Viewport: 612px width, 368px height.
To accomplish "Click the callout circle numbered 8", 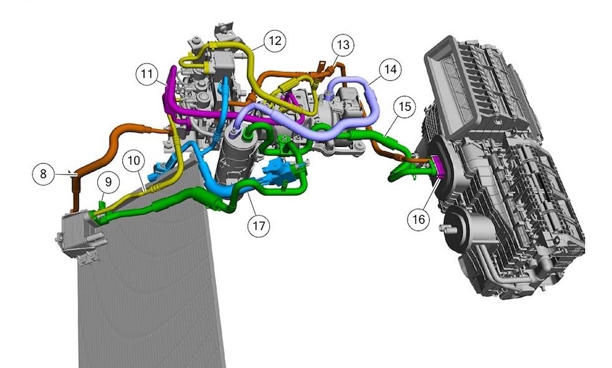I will click(44, 173).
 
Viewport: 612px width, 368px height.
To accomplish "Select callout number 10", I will click(134, 161).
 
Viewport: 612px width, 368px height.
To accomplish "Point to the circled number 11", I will click(148, 75).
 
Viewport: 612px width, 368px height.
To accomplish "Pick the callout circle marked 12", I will click(274, 41).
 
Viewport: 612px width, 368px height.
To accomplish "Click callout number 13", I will click(343, 45).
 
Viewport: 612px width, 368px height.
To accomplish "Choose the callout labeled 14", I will click(390, 69).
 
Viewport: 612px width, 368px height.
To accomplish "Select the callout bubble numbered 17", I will click(258, 226).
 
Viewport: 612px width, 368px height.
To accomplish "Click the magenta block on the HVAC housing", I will click(438, 167).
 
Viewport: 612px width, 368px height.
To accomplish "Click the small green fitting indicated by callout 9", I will click(101, 202).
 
